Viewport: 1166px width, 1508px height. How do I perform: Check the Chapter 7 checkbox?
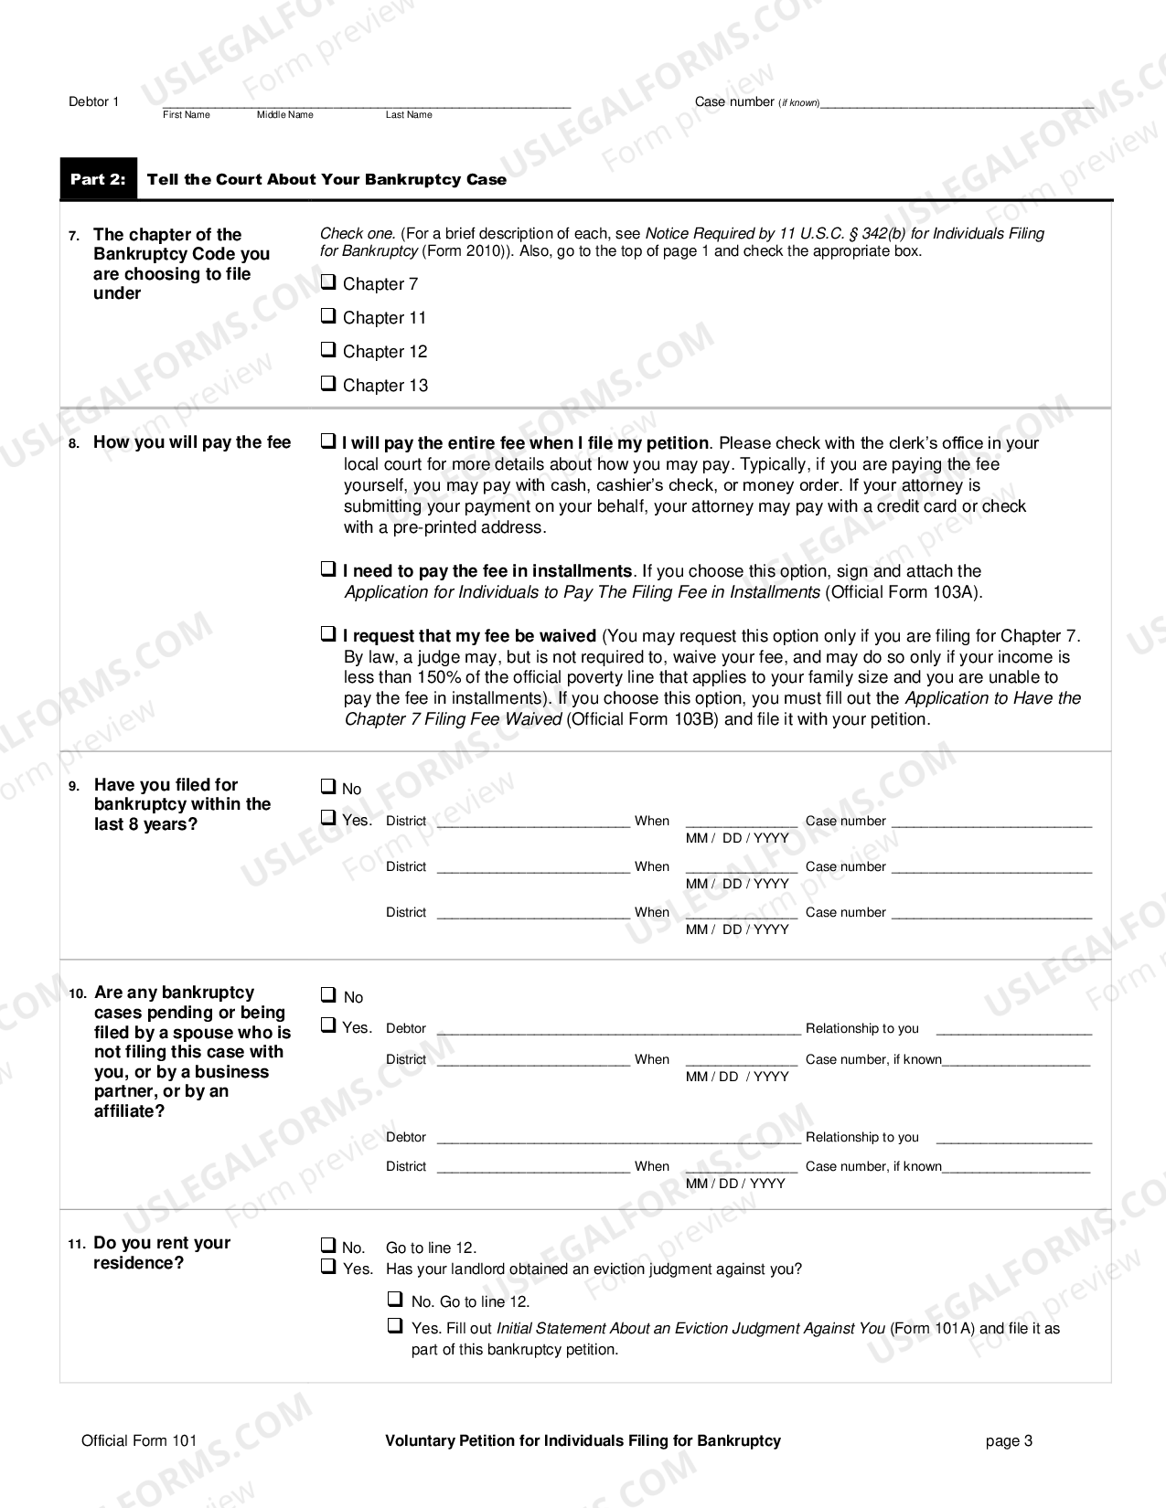327,282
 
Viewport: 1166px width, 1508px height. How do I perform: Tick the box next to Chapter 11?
327,316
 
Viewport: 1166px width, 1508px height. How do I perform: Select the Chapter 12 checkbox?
327,350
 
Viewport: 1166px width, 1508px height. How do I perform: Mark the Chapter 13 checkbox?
327,384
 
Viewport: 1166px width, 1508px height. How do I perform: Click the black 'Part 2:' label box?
98,179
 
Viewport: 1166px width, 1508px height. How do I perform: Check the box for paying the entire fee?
327,441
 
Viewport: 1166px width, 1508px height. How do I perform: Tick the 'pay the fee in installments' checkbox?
327,569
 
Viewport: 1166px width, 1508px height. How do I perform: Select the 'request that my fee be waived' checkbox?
327,633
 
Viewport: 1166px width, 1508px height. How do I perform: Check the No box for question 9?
327,786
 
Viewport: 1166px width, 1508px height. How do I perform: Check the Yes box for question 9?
327,818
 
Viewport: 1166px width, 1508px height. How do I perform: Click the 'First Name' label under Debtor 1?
186,115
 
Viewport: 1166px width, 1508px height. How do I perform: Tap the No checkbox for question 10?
327,994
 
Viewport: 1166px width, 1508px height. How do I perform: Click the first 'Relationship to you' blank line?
1013,1029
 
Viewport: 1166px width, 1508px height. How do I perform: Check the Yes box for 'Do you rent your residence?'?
327,1268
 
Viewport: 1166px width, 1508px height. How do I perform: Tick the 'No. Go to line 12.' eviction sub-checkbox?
395,1299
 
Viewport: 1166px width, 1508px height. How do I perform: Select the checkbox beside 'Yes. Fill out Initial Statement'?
395,1325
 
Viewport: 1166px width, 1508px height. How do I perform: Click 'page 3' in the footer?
1009,1441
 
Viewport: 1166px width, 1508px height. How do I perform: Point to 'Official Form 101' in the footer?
139,1441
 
